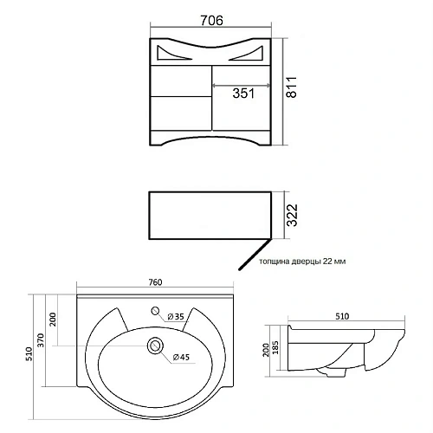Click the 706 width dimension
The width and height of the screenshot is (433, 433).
click(211, 21)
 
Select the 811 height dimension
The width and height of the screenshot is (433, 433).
click(291, 87)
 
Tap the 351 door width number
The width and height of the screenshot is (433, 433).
click(243, 94)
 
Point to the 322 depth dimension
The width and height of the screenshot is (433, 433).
click(292, 216)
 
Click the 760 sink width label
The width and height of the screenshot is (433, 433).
click(155, 282)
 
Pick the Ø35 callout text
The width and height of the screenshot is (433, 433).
click(176, 317)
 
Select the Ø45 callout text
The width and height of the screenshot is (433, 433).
click(181, 358)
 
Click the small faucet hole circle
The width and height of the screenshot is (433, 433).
click(156, 311)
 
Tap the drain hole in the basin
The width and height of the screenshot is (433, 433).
click(156, 346)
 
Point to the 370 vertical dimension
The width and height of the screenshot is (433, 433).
click(41, 340)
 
